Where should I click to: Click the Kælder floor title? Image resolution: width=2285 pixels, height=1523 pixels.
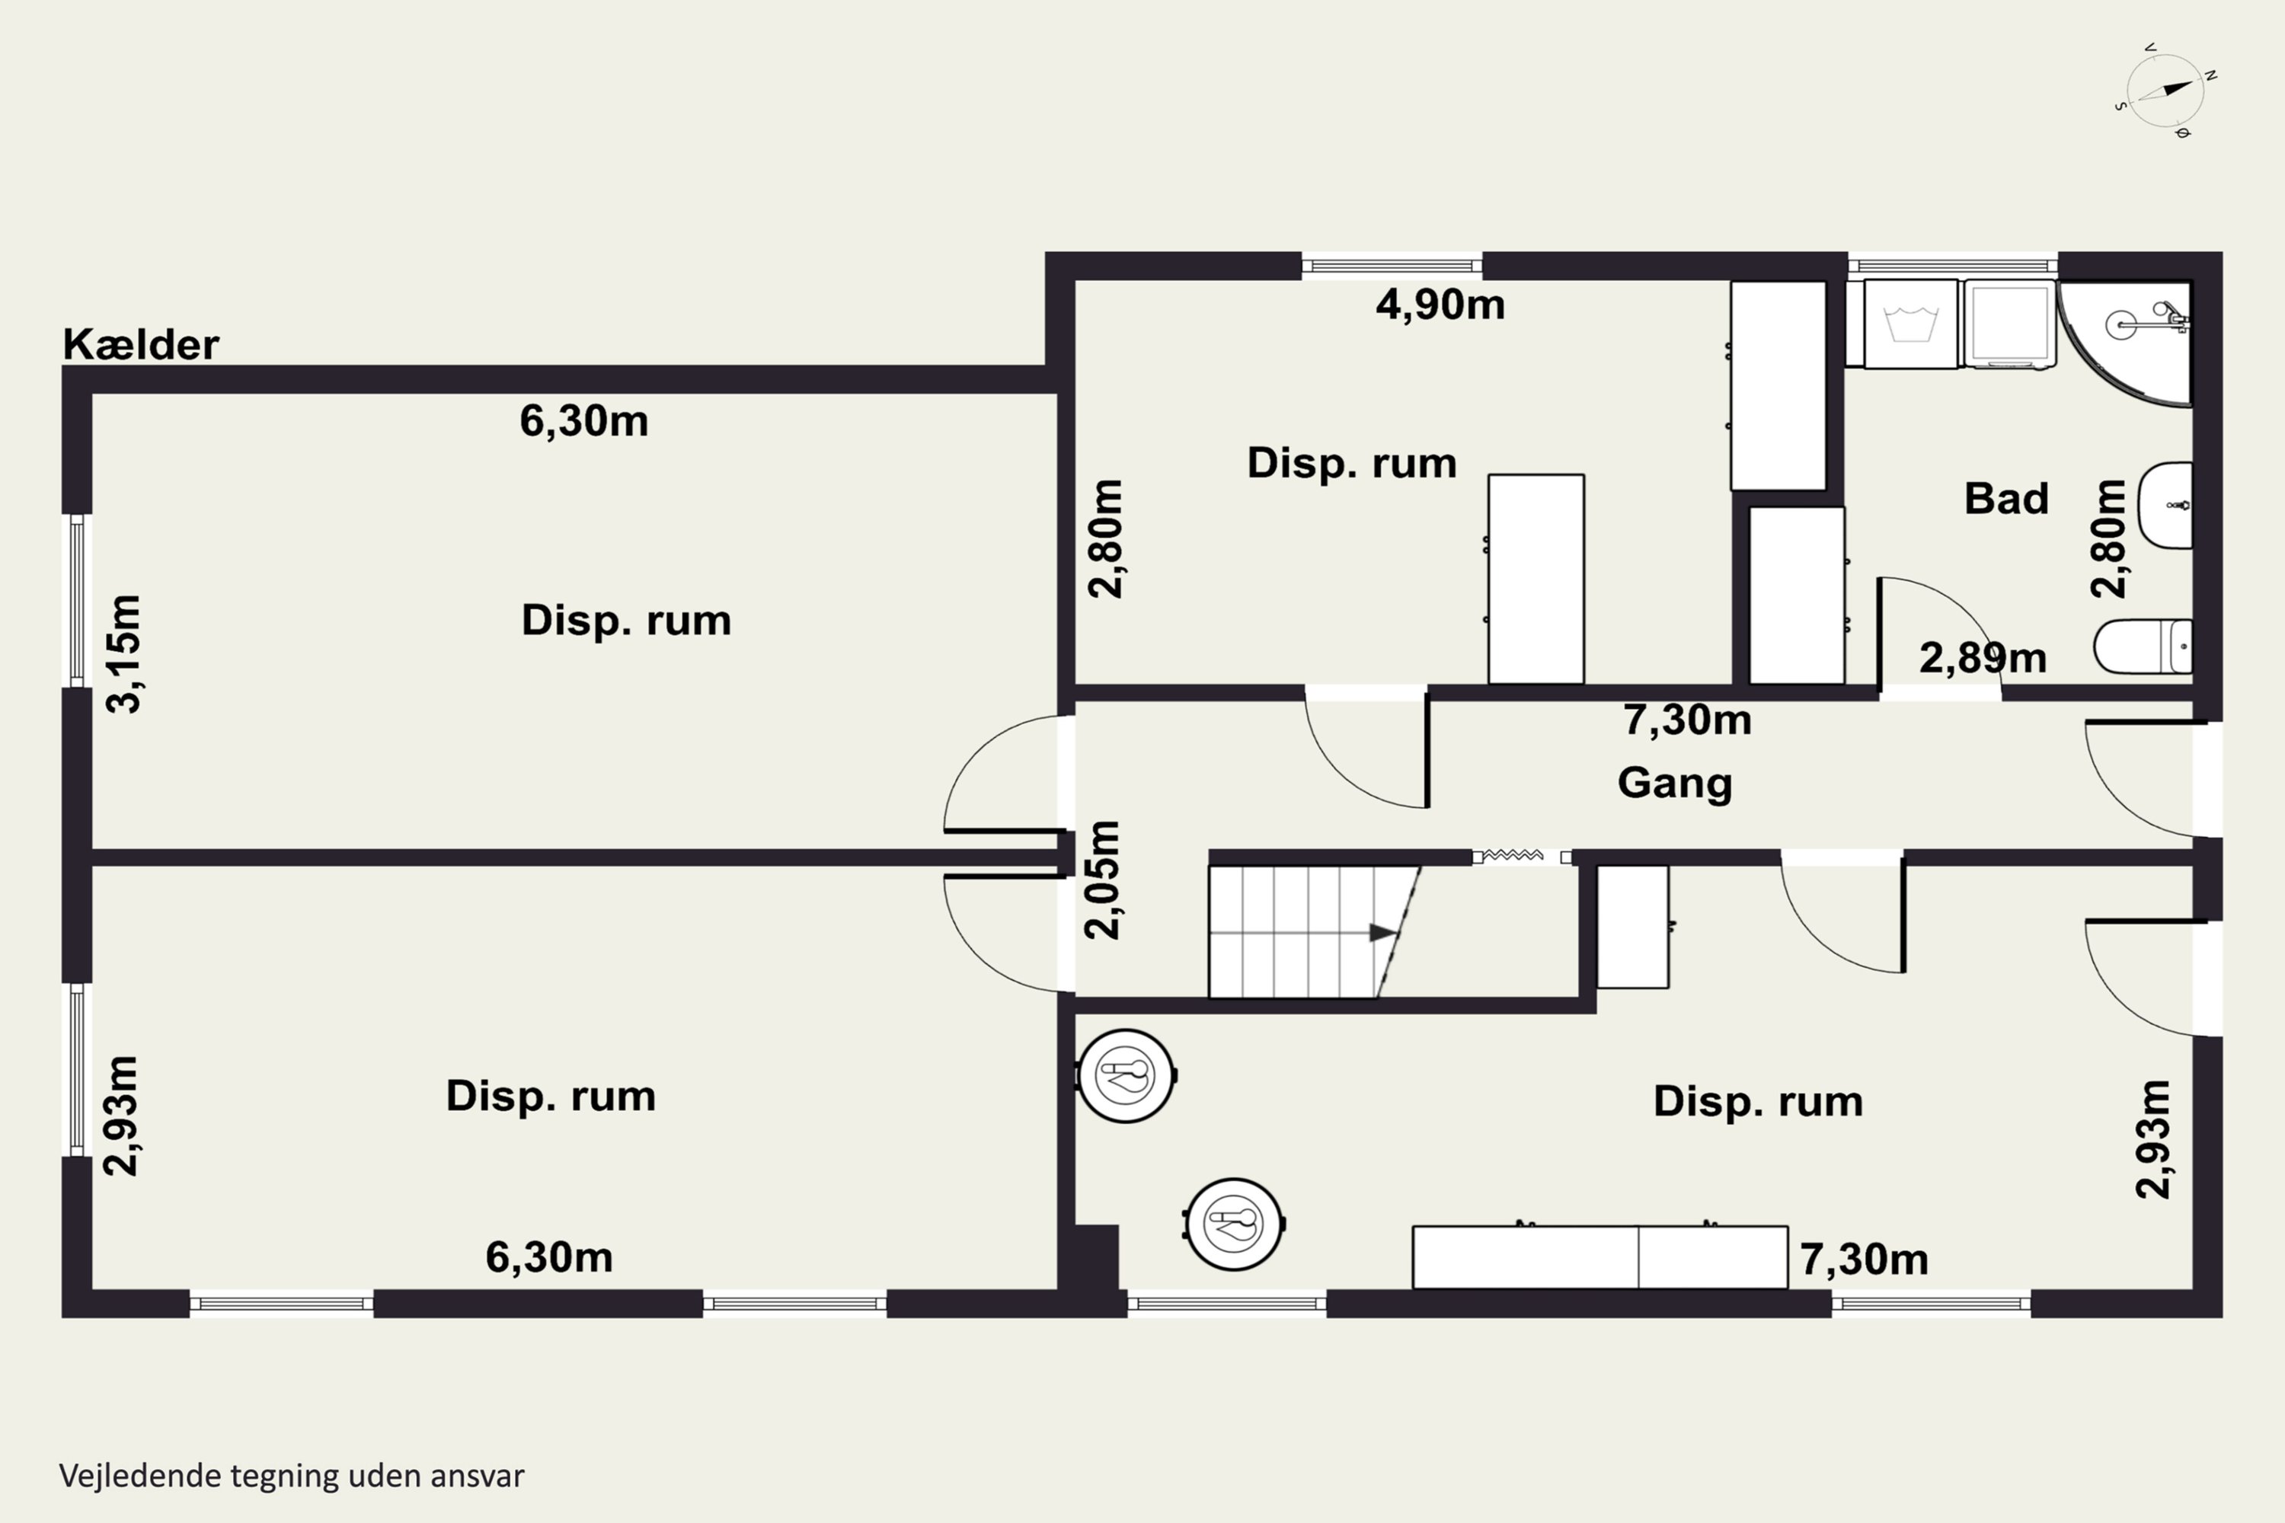click(141, 345)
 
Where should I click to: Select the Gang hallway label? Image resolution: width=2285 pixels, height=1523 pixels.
click(1675, 783)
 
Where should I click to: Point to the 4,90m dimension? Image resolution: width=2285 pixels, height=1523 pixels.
click(1440, 305)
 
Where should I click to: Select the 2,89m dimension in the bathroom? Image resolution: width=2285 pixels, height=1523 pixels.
click(1983, 659)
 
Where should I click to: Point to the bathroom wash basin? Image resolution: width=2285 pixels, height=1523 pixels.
click(2165, 505)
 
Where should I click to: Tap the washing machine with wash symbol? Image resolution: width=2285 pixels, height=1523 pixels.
click(1910, 324)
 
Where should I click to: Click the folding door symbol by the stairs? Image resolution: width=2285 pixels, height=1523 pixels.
click(1521, 857)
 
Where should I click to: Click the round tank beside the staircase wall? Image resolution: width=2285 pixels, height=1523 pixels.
click(1126, 1076)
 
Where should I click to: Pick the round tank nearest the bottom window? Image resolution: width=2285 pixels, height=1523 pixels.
click(1234, 1223)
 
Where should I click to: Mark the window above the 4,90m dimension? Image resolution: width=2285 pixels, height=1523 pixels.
click(1392, 265)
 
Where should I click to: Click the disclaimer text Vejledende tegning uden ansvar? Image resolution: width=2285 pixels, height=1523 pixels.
click(292, 1477)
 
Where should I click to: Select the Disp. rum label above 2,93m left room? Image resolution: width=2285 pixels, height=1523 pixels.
click(551, 1097)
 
